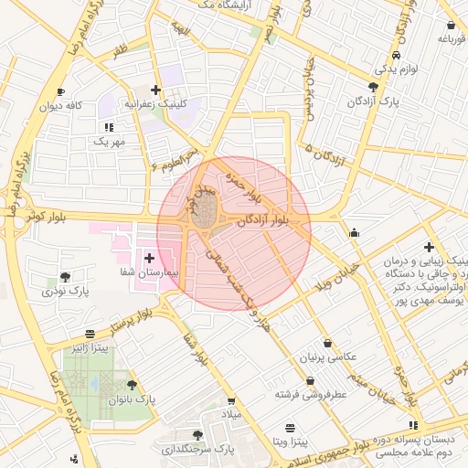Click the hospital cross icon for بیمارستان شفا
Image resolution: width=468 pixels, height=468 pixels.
[149, 259]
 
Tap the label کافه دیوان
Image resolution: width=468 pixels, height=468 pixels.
[86, 106]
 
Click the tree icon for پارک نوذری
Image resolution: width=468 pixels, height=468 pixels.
[64, 277]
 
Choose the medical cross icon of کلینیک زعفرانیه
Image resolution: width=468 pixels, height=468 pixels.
[156, 90]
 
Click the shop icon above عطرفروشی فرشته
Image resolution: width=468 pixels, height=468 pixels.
[310, 380]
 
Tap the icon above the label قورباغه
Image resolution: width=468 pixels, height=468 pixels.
[451, 25]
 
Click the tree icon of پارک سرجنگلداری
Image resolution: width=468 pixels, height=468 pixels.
[198, 435]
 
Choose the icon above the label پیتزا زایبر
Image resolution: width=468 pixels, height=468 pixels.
[89, 335]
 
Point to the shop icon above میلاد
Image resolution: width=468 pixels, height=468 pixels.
[231, 401]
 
